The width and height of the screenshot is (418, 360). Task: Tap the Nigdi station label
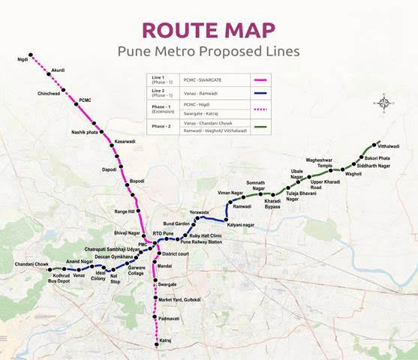click(23, 58)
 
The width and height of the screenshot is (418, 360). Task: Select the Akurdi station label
click(59, 70)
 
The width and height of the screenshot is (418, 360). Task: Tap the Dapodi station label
click(110, 169)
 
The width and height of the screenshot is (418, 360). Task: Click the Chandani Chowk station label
click(31, 265)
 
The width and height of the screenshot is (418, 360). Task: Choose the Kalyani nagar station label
click(243, 225)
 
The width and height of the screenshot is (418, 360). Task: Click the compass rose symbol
click(383, 103)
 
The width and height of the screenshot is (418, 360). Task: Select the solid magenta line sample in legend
click(261, 79)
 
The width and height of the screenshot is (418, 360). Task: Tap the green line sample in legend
click(261, 126)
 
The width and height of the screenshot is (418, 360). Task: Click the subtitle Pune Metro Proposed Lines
click(209, 52)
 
